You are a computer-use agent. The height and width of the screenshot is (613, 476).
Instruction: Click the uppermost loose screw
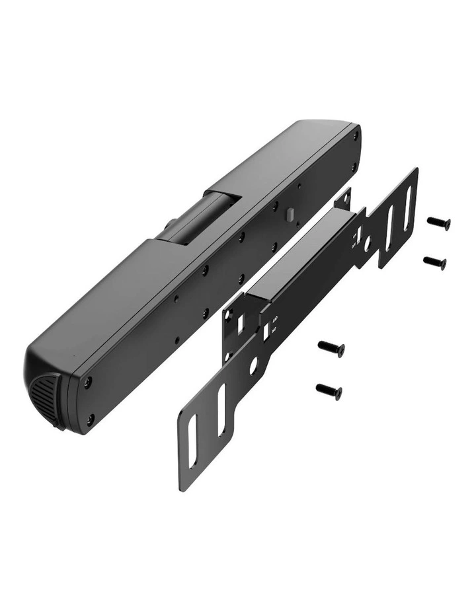(x=438, y=223)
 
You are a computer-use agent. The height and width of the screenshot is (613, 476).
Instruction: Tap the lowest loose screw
(x=329, y=391)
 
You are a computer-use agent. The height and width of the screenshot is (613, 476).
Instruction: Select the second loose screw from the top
(x=434, y=262)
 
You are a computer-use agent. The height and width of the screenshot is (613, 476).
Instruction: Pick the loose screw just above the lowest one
(x=331, y=347)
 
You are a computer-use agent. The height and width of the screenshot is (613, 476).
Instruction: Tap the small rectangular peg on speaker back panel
(x=289, y=213)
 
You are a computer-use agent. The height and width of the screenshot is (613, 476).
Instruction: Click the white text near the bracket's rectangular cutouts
(x=274, y=322)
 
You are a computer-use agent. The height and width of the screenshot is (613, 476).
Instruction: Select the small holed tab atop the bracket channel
(x=343, y=197)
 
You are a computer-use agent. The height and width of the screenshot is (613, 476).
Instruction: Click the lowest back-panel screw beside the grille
(x=90, y=417)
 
